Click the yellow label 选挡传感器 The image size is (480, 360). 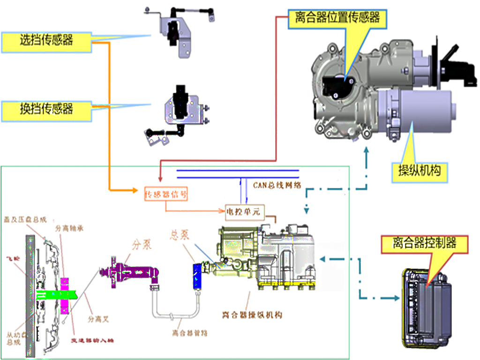(x=46, y=40)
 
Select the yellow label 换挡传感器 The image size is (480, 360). (x=46, y=110)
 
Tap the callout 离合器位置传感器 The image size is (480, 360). (x=337, y=18)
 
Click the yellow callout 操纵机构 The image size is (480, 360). (x=416, y=171)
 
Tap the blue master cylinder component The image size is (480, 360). (x=197, y=276)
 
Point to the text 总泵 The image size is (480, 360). (x=179, y=235)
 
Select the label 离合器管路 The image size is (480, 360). (x=189, y=333)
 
